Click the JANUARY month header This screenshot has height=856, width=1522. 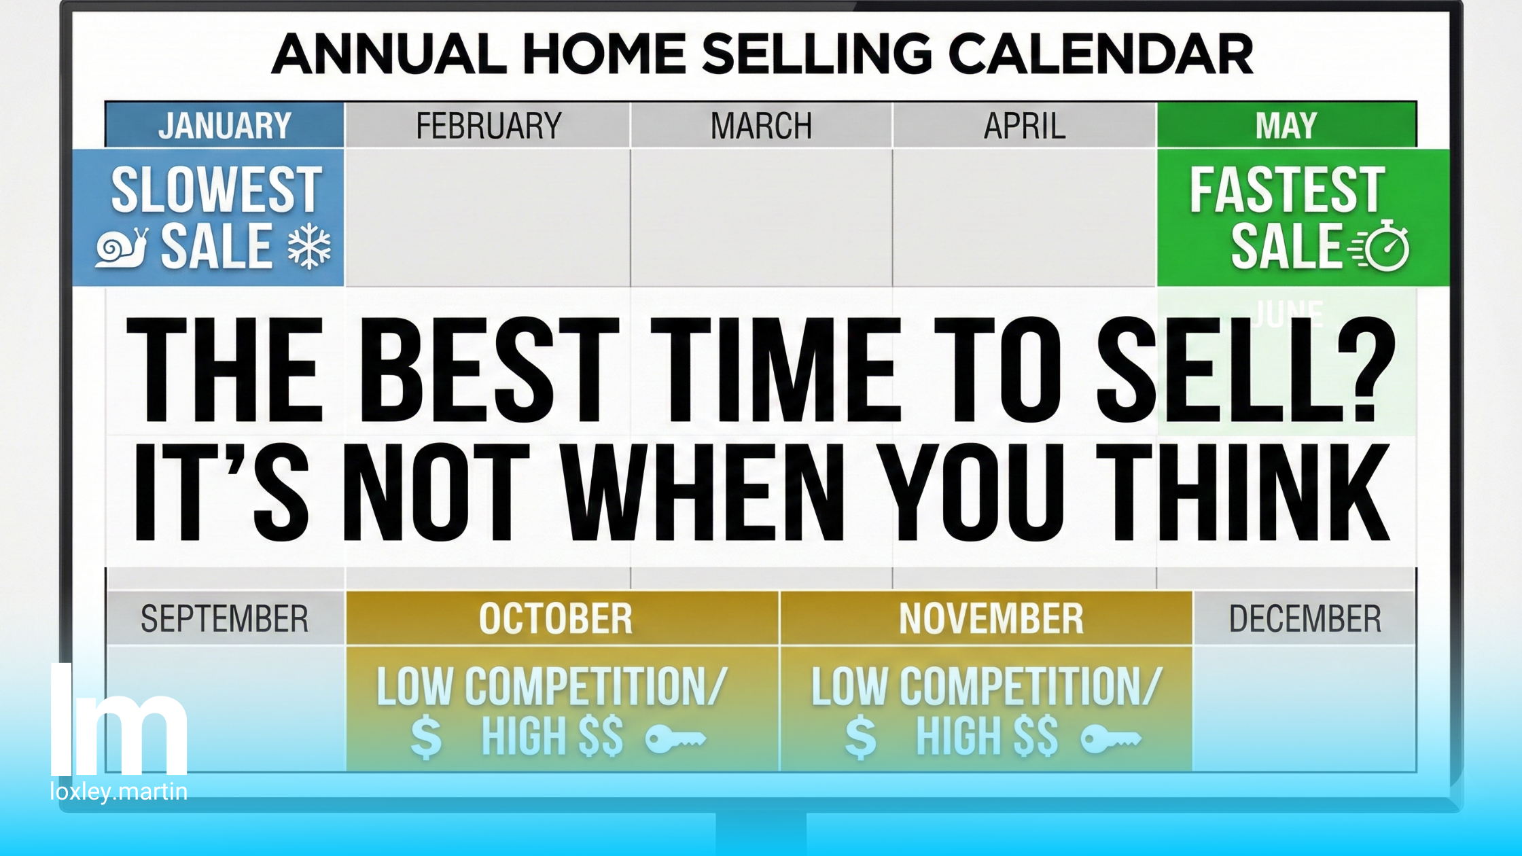(225, 126)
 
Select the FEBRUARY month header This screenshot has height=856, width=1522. (489, 126)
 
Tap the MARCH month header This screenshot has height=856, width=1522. (761, 126)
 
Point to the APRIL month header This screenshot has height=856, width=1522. (1025, 126)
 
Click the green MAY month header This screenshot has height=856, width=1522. (1286, 126)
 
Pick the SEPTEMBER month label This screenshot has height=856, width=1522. (224, 619)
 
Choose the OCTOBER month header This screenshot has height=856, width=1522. (556, 619)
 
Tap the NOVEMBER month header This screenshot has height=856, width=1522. (991, 619)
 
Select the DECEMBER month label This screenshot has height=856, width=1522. (1305, 619)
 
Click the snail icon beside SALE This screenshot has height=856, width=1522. (122, 248)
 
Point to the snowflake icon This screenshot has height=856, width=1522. (309, 246)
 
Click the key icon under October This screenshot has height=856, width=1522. (675, 738)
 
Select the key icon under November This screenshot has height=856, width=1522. (1110, 738)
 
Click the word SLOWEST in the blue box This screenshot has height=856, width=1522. (216, 190)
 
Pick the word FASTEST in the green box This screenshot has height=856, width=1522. (1287, 190)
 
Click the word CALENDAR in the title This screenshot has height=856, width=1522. (1100, 54)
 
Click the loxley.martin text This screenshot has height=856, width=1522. (119, 792)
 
